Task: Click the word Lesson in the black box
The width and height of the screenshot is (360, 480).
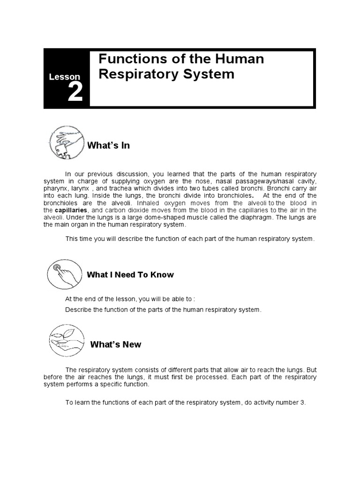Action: click(x=64, y=77)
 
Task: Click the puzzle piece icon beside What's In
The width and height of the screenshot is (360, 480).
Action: click(x=67, y=142)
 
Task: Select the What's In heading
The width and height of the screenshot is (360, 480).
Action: click(x=108, y=146)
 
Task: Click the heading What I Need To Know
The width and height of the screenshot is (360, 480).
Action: click(x=130, y=275)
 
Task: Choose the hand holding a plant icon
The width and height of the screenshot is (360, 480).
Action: click(x=67, y=341)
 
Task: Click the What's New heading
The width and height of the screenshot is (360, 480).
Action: click(x=115, y=345)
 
